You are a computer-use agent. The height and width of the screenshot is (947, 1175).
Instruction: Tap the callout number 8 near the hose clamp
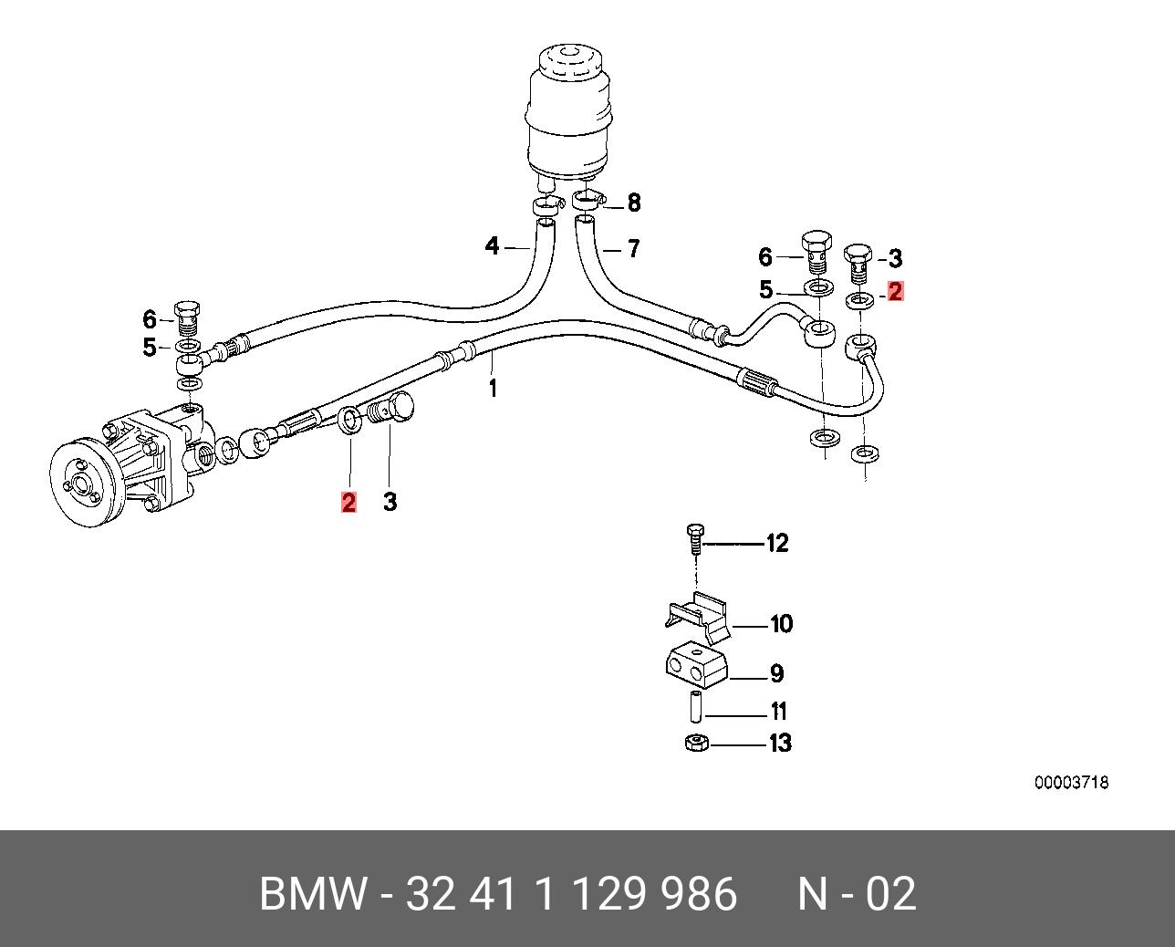[633, 203]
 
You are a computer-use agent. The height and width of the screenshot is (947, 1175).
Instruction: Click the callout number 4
[493, 246]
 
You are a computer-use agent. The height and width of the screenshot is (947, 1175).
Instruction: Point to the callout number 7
[633, 247]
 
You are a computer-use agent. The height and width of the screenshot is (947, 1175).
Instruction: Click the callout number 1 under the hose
[493, 389]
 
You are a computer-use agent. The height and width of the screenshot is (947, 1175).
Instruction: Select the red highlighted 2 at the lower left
[348, 502]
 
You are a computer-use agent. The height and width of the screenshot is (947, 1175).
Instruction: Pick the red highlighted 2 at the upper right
[895, 292]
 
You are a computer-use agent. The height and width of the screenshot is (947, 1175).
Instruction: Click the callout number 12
[776, 544]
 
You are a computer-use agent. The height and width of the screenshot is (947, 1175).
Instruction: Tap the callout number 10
[782, 625]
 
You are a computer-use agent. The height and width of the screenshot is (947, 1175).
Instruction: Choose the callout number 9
[776, 674]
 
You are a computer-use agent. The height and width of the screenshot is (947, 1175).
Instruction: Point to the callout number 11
[778, 712]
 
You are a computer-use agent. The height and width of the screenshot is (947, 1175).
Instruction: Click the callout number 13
[780, 744]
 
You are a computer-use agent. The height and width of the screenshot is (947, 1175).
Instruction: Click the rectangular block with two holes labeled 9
[695, 667]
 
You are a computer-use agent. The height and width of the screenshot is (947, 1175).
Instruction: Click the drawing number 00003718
[1071, 783]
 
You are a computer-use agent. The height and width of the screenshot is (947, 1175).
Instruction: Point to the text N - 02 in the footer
[857, 894]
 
